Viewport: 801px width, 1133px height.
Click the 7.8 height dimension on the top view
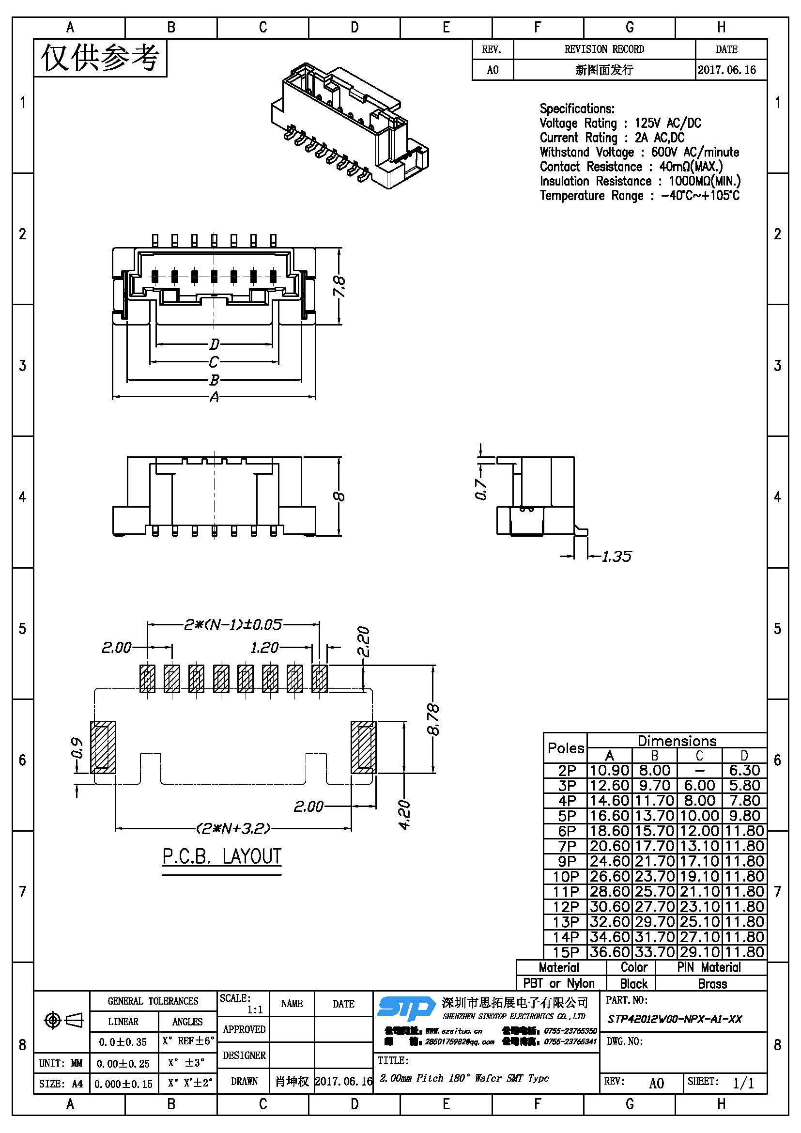tap(339, 286)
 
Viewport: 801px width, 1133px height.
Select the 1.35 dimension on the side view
tap(616, 557)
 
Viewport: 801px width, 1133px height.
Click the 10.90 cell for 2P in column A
tap(610, 770)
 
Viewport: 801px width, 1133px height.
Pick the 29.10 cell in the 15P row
tap(699, 952)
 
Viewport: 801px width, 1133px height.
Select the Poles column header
tap(566, 748)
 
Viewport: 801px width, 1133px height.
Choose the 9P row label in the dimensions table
tap(567, 861)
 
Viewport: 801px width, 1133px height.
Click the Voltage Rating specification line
tap(620, 123)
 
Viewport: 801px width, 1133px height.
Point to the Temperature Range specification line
tap(639, 195)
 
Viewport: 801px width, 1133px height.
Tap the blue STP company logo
tap(406, 1008)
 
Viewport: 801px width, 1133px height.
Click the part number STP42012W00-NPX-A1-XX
tap(674, 1019)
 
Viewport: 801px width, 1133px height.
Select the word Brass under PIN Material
tap(712, 984)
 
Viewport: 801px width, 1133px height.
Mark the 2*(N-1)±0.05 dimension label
tap(233, 625)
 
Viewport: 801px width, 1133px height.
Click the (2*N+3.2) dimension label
tap(233, 828)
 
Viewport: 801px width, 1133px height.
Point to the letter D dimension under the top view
tap(214, 343)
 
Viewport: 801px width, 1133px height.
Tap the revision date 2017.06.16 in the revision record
tap(726, 70)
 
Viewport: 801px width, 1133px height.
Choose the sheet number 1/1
tap(743, 1083)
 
